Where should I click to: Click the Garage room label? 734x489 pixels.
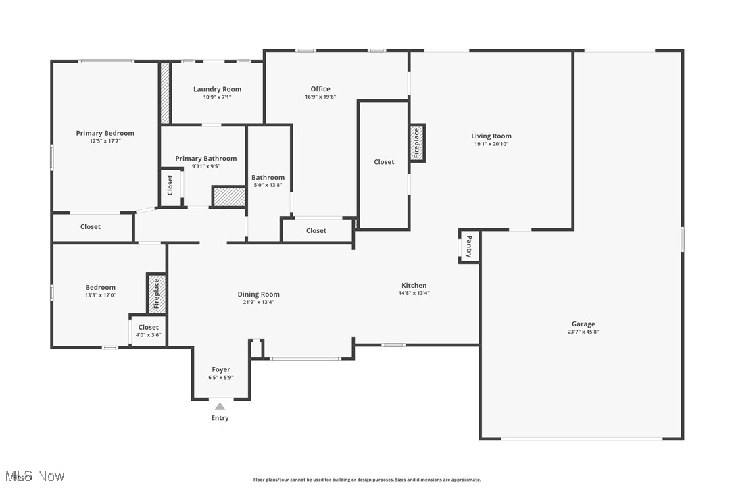(x=584, y=324)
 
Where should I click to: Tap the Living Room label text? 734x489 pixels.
(x=491, y=136)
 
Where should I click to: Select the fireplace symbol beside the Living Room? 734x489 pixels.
(x=417, y=143)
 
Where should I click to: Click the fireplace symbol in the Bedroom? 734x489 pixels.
(x=156, y=293)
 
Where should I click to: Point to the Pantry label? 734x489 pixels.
(x=469, y=246)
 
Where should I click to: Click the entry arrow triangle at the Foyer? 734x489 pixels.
(x=220, y=406)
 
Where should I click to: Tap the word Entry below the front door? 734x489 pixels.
(x=220, y=418)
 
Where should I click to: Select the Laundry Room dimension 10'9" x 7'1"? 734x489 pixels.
(x=217, y=97)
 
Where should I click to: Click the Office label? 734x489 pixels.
(x=320, y=89)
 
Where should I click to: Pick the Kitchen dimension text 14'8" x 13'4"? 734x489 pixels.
(x=414, y=293)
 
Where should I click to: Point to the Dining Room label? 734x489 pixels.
(x=258, y=294)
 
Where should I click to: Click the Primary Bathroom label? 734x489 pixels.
(x=206, y=159)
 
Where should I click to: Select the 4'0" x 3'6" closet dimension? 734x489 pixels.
(x=149, y=335)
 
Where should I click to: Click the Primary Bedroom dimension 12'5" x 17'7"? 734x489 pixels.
(x=105, y=141)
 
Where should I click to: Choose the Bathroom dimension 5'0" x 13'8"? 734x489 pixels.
(x=268, y=185)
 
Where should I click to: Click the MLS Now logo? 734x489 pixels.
(x=33, y=477)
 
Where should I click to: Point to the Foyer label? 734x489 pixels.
(x=221, y=370)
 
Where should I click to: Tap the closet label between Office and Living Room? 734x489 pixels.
(x=384, y=162)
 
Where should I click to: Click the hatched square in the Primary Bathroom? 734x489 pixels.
(x=228, y=197)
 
